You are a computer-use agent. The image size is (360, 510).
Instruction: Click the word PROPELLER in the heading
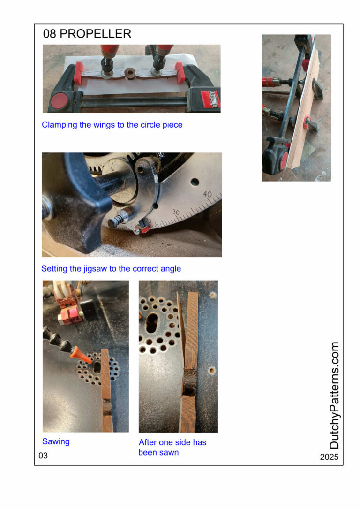pos(96,33)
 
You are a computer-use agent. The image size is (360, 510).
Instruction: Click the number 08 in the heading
pos(49,33)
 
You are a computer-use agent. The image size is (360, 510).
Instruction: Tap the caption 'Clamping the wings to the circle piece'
pos(112,125)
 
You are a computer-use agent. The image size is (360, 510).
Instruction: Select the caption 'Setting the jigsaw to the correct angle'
pos(111,269)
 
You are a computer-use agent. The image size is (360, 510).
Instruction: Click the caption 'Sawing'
pos(56,441)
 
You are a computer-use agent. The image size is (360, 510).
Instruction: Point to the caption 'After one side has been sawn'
pos(172,447)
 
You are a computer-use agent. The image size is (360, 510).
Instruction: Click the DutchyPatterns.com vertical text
pos(334,395)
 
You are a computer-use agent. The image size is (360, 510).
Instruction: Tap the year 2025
pos(329,457)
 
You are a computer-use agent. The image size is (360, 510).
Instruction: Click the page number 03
pos(43,456)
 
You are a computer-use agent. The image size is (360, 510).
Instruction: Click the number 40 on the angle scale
pos(208,195)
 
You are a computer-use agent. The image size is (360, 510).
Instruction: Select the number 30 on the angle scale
pos(176,213)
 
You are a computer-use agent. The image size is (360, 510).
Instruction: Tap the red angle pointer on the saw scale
pos(143,228)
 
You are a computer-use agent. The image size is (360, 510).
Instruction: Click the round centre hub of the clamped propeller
pos(130,72)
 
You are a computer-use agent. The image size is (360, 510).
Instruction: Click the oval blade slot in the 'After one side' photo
pos(152,322)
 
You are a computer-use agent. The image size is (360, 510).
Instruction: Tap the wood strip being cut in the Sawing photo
pos(106,390)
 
